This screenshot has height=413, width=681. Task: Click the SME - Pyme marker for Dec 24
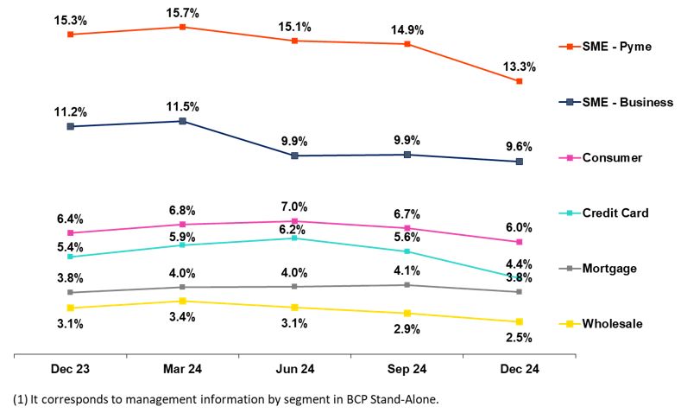(519, 81)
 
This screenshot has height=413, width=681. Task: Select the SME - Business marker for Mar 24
(183, 121)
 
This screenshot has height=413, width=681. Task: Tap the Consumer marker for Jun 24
(294, 221)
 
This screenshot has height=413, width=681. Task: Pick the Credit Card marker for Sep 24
(407, 251)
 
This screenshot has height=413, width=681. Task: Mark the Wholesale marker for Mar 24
(183, 301)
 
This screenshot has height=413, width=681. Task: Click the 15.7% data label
(183, 11)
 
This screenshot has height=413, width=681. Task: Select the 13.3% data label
(519, 66)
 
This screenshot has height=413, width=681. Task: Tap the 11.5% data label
(183, 106)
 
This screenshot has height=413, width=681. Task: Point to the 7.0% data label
(294, 206)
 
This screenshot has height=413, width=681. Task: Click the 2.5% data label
(519, 338)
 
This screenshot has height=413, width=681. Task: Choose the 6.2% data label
(294, 230)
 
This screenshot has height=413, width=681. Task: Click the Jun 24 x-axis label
(294, 368)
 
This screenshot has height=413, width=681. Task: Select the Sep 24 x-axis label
(407, 368)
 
